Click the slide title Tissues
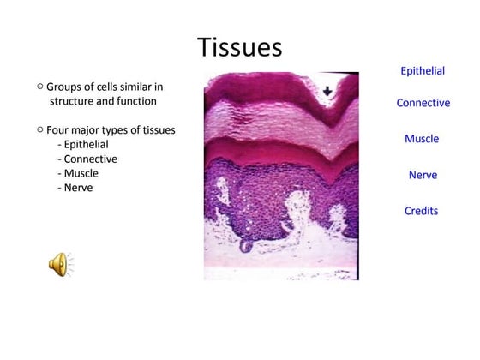[239, 46]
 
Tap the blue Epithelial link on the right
[423, 71]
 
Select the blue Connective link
[423, 103]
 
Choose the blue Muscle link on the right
[422, 139]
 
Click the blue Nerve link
[423, 175]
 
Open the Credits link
[422, 211]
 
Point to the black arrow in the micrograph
[327, 92]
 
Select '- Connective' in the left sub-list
[87, 159]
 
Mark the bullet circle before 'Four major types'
[39, 129]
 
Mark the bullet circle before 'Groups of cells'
[39, 87]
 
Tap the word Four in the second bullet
[58, 130]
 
